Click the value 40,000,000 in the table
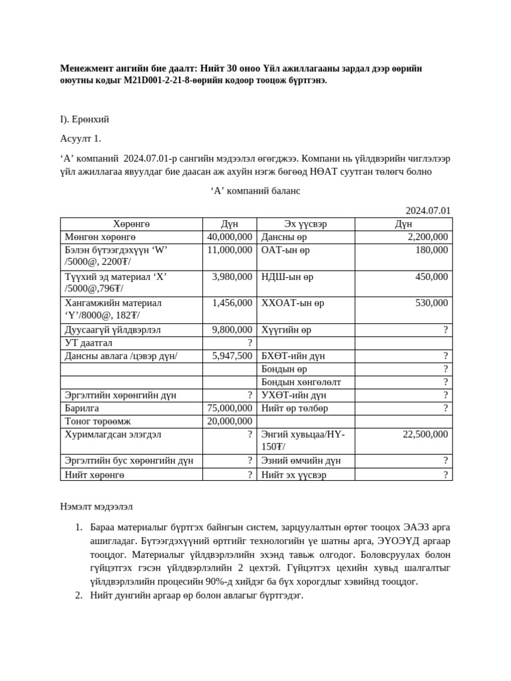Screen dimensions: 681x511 230,237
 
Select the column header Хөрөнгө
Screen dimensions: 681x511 131,224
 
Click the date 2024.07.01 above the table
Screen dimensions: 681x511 428,211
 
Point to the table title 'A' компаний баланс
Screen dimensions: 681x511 255,191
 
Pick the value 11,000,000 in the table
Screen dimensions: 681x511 230,250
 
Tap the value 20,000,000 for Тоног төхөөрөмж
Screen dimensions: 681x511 230,421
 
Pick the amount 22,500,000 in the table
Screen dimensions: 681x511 425,434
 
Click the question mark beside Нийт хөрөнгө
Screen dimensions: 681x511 250,475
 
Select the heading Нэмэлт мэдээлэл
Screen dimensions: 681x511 96,507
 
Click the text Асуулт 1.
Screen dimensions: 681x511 81,138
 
